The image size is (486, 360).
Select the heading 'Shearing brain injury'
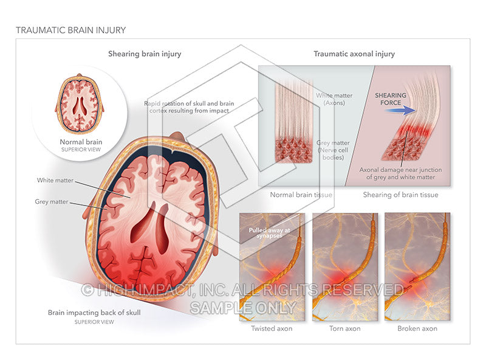click(145, 54)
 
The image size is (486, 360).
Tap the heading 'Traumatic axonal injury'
click(354, 54)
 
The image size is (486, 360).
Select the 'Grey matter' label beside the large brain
click(52, 201)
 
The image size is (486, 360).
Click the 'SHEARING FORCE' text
click(391, 97)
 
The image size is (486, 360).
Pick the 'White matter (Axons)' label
click(332, 100)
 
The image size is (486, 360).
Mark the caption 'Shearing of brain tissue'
click(400, 195)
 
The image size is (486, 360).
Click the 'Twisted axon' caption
click(272, 329)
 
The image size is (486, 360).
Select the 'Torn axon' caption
click(344, 329)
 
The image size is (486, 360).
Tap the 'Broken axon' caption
click(417, 329)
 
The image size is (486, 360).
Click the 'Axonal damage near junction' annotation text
click(401, 173)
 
